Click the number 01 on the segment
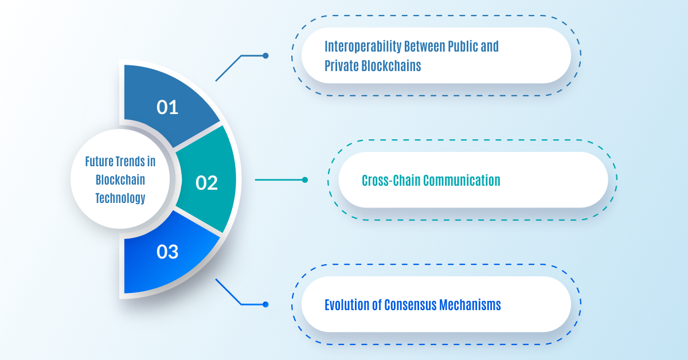(167, 108)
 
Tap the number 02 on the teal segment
(206, 183)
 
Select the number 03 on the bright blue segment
(167, 252)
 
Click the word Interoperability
(363, 47)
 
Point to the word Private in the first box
(341, 66)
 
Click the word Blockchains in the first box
(391, 66)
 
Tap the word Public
(463, 46)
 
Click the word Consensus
(410, 305)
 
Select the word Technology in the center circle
(120, 198)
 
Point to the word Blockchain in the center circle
(120, 180)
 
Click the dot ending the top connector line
(265, 56)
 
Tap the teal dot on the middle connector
(304, 179)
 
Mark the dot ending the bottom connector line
(265, 304)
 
